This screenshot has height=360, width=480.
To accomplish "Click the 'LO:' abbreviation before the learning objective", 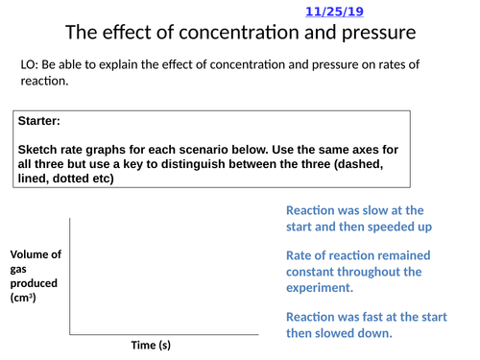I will coord(30,64).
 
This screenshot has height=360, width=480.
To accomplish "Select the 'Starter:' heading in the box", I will coord(39,122).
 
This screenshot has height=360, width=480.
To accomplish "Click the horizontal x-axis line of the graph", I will coord(163,334).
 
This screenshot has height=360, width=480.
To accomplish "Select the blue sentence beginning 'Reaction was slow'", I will coord(357,218).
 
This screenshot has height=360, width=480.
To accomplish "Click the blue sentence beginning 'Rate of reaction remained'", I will coord(357,271).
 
